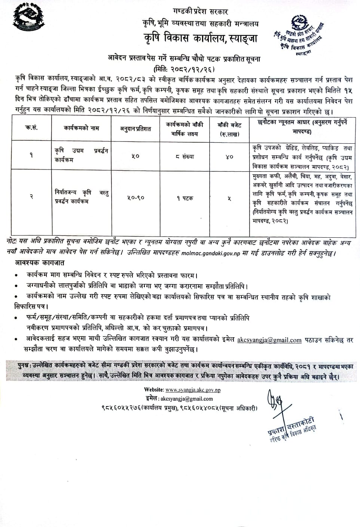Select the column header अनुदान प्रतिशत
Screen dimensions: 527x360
coord(135,128)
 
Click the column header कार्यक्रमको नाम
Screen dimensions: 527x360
coord(81,128)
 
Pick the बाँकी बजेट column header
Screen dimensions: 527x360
coord(229,128)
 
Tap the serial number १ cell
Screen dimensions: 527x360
coord(32,155)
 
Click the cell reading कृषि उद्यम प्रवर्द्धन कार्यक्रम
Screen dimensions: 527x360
coord(81,155)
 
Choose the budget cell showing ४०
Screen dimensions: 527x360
coord(229,156)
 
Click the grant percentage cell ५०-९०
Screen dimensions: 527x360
coord(135,198)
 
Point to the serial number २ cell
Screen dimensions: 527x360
coord(32,197)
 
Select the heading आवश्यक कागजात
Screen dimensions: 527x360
coord(40,263)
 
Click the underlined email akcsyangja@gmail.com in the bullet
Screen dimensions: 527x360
coord(269,340)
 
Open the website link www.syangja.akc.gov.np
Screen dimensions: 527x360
coord(193,390)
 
